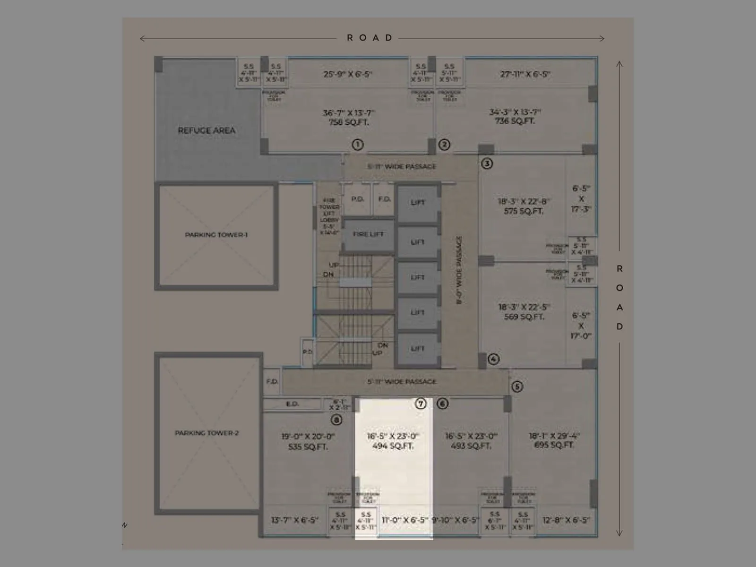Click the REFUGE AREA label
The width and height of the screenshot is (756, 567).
[x=206, y=130]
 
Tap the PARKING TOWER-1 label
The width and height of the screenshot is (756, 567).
[x=216, y=235]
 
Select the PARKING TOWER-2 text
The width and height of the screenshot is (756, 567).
[x=207, y=433]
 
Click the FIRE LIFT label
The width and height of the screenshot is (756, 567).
[x=368, y=234]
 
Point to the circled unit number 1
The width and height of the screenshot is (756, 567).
[x=358, y=145]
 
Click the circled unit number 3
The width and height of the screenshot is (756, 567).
[x=487, y=163]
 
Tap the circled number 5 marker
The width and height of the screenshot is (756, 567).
[x=517, y=387]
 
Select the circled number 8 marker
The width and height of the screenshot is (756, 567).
[x=336, y=420]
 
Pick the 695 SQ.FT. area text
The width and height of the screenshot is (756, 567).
[x=554, y=445]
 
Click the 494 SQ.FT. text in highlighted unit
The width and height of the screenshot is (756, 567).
[x=393, y=446]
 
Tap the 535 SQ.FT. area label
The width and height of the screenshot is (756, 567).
[x=308, y=447]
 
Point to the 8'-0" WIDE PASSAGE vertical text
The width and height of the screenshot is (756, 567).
[x=459, y=270]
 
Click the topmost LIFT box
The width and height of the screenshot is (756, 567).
[x=418, y=203]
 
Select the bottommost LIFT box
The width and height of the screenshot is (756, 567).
[x=418, y=349]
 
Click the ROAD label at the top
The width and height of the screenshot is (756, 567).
[x=370, y=38]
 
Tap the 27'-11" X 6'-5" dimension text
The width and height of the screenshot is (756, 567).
[x=525, y=74]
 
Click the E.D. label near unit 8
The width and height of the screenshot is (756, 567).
[x=292, y=404]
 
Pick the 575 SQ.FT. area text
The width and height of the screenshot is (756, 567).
[x=523, y=211]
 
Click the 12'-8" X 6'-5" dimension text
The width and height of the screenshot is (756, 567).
[x=566, y=520]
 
